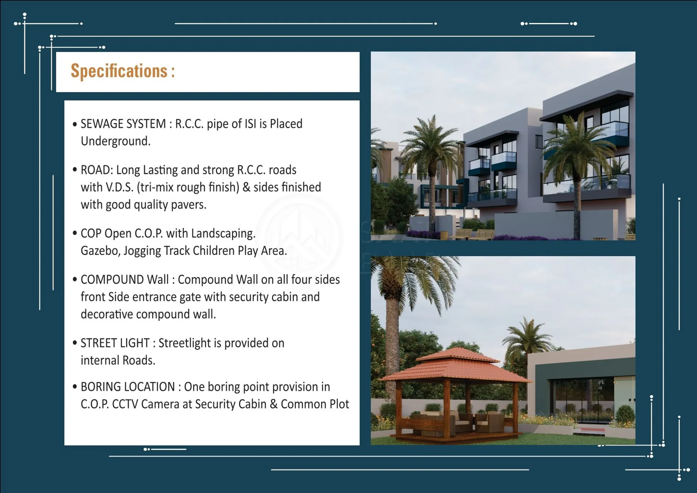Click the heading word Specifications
(119, 71)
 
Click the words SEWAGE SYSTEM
(123, 124)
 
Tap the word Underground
(115, 141)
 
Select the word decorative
(107, 314)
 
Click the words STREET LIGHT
(115, 343)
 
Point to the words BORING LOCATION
(128, 387)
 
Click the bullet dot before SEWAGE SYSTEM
(75, 124)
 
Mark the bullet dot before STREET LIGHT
(75, 343)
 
